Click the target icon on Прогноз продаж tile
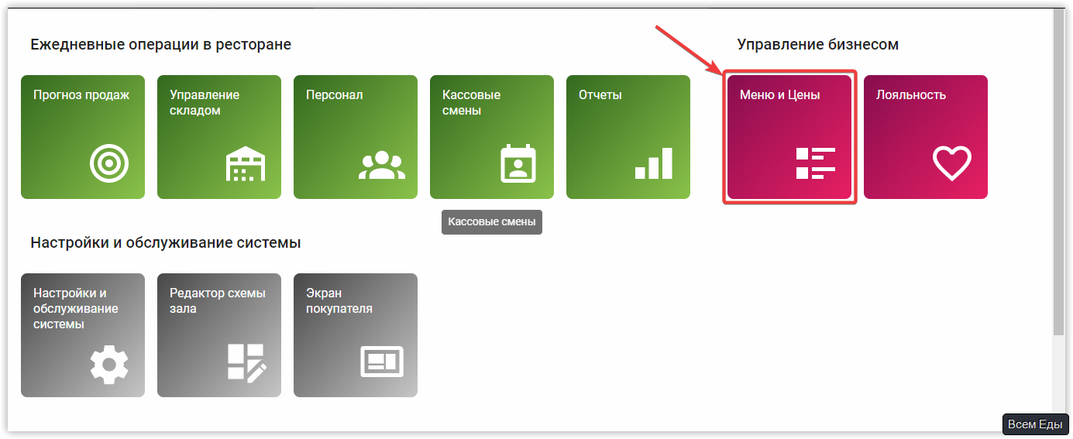pyautogui.click(x=109, y=163)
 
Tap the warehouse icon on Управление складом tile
pyautogui.click(x=245, y=163)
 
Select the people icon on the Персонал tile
pyautogui.click(x=381, y=164)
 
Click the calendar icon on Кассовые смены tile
pyautogui.click(x=518, y=163)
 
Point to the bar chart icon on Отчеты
pyautogui.click(x=654, y=163)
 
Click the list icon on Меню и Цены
pyautogui.click(x=816, y=163)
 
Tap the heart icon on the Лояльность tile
pyautogui.click(x=951, y=163)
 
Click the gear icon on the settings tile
pyautogui.click(x=109, y=362)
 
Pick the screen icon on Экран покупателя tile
pyautogui.click(x=382, y=362)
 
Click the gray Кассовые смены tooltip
pyautogui.click(x=492, y=222)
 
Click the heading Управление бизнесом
pyautogui.click(x=817, y=45)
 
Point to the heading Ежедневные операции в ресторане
pyautogui.click(x=160, y=45)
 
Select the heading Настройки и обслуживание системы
pyautogui.click(x=165, y=243)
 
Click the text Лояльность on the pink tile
pyautogui.click(x=911, y=95)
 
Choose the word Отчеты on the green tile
pyautogui.click(x=600, y=95)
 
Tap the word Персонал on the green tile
pyautogui.click(x=335, y=95)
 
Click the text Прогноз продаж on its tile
pyautogui.click(x=81, y=95)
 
